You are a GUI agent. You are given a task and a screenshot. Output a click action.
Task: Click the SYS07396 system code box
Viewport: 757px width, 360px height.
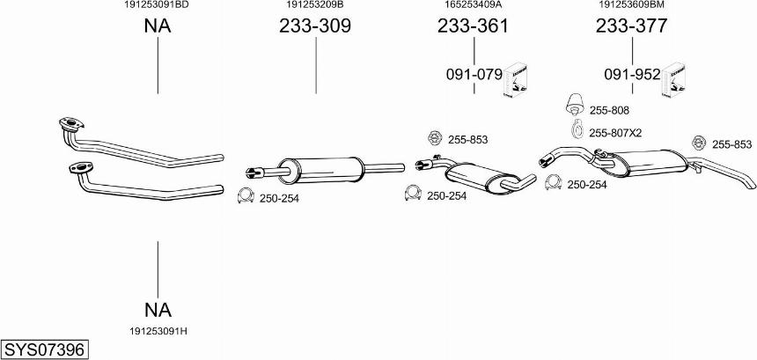click(46, 349)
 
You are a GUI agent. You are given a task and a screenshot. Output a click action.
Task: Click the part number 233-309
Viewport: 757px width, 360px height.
click(315, 26)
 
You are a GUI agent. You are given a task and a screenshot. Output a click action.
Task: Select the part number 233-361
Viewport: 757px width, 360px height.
click(474, 26)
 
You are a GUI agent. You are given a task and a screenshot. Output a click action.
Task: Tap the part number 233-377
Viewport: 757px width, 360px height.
click(631, 26)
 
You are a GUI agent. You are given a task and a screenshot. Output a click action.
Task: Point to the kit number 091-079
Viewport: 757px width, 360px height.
click(474, 75)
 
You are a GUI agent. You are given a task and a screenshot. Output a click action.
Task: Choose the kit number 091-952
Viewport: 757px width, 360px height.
click(632, 75)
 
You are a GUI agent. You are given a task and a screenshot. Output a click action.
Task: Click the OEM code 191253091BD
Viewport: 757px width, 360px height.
click(158, 4)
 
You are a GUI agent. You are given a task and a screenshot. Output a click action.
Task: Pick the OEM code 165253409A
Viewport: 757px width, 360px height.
click(474, 4)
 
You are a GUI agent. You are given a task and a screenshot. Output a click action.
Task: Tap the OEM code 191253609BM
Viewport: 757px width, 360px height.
click(632, 4)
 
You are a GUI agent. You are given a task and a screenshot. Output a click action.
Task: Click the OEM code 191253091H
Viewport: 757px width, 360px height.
click(158, 332)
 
